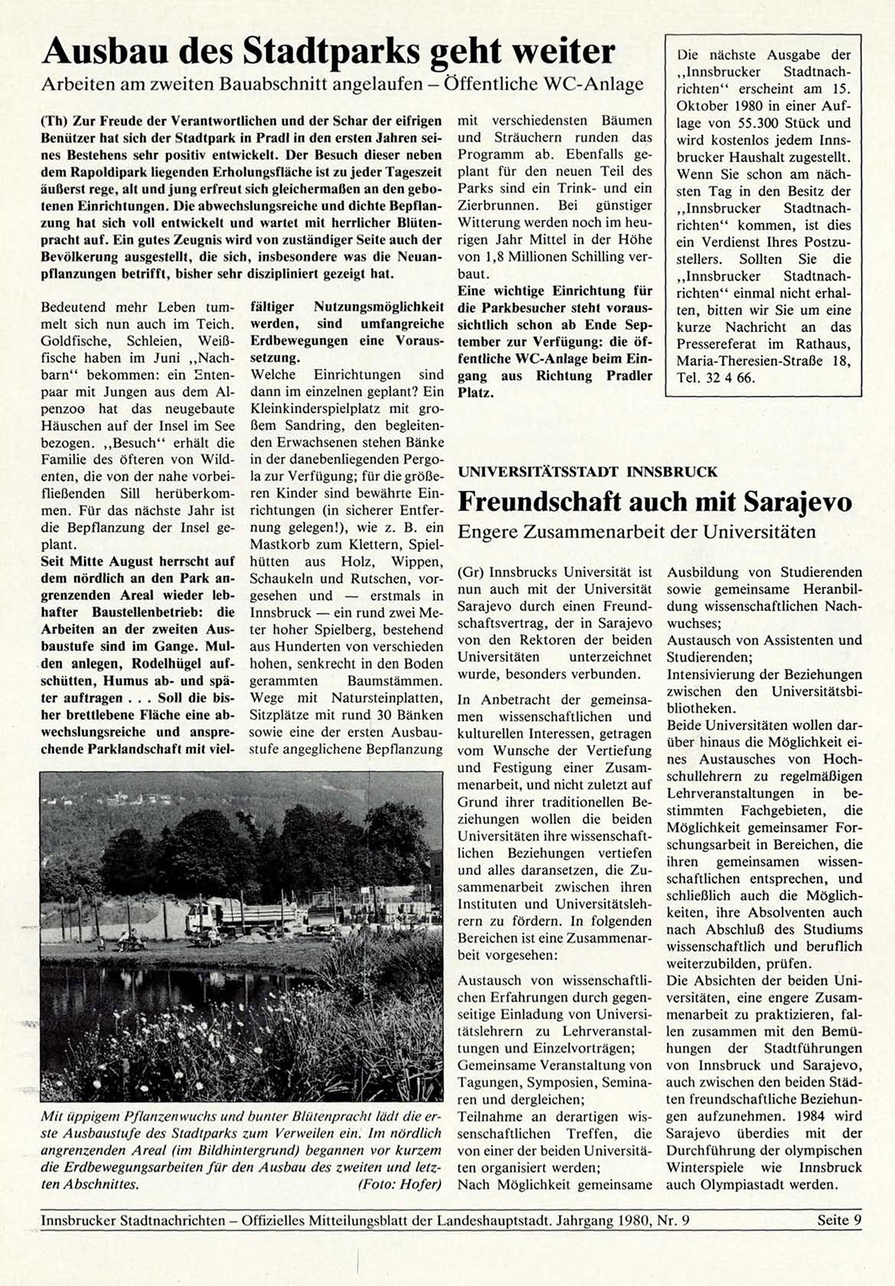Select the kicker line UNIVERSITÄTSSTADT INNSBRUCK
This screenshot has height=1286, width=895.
point(588,472)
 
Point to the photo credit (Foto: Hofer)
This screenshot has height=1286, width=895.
point(400,1184)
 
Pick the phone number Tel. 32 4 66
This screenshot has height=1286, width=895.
point(715,377)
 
